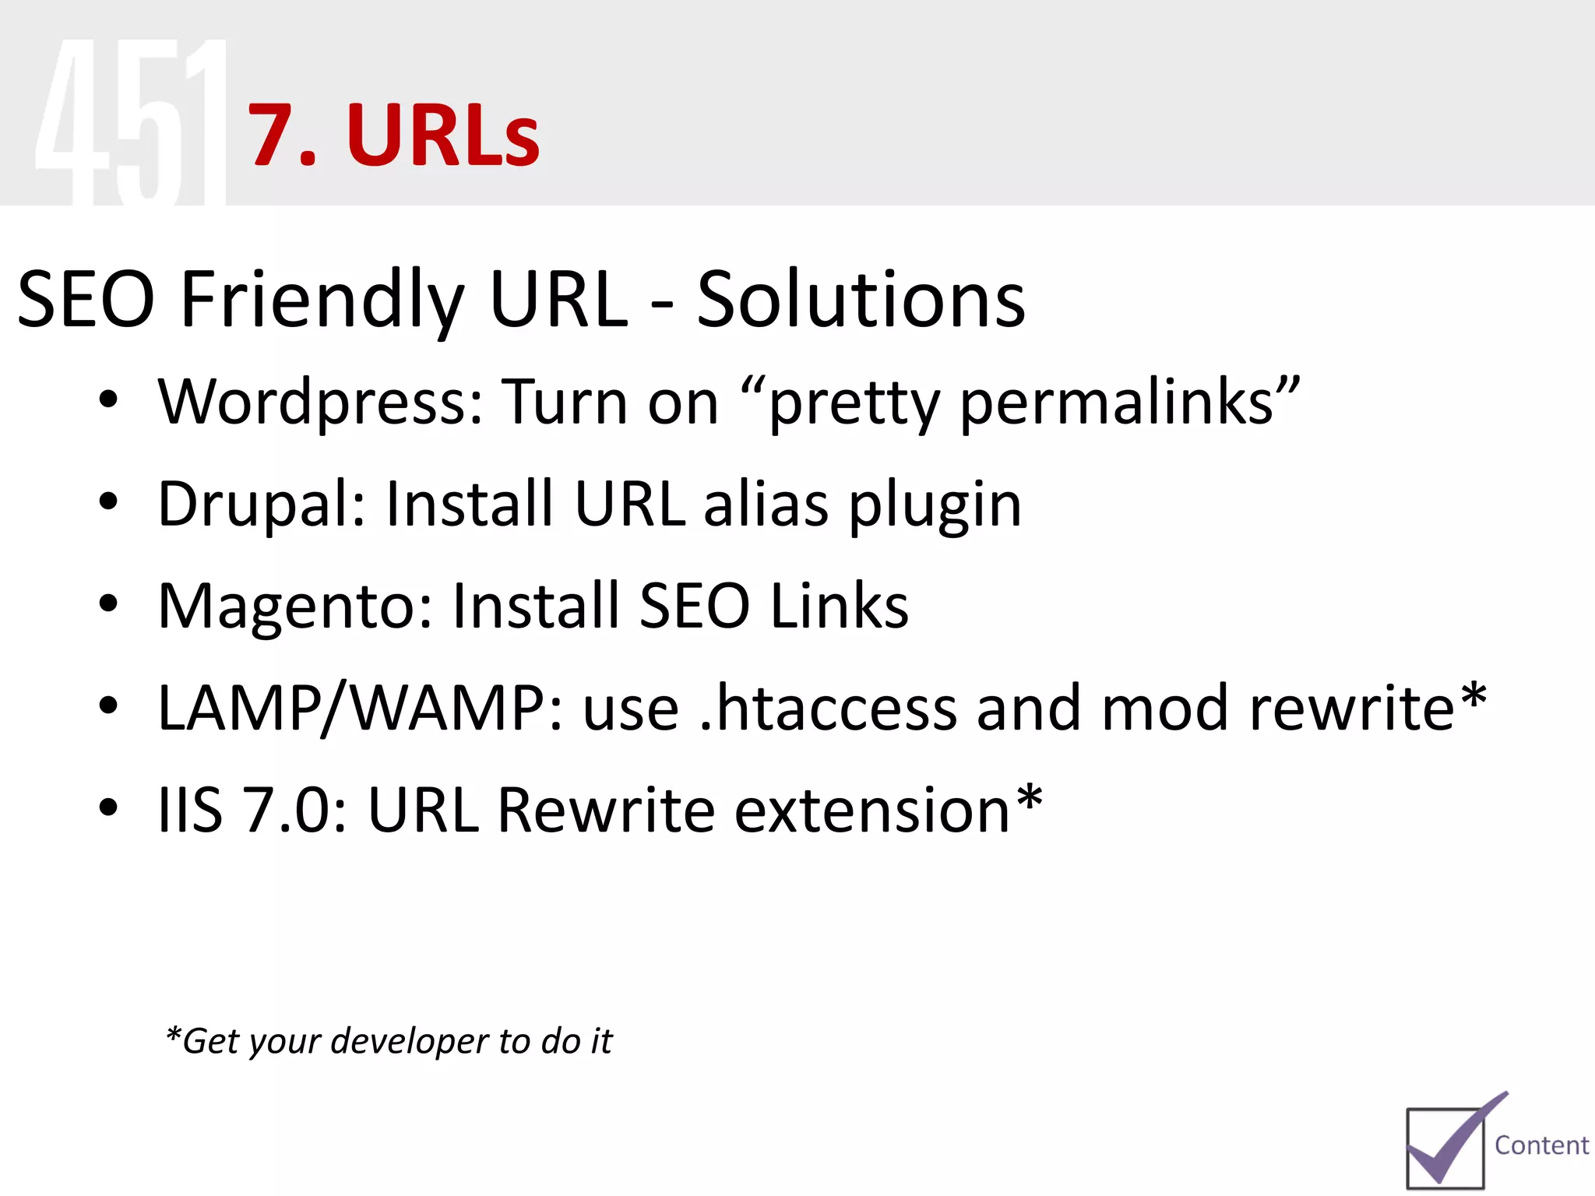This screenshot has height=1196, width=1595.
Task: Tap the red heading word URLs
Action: (x=442, y=136)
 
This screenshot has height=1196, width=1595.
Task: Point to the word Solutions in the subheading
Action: (x=861, y=300)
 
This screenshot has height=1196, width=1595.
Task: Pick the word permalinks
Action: (x=1118, y=403)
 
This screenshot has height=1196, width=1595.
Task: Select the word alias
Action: (x=766, y=505)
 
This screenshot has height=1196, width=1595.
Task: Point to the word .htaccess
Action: (x=828, y=709)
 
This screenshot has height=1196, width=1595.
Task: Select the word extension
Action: (x=872, y=811)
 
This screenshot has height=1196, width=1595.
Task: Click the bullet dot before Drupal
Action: (x=108, y=502)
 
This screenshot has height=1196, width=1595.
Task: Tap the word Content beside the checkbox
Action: (x=1541, y=1145)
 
